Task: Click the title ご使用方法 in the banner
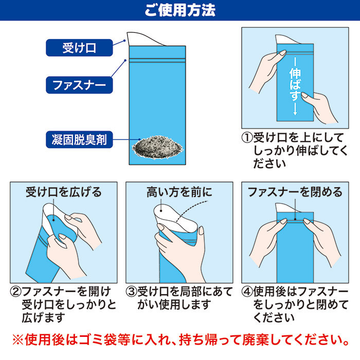pyautogui.click(x=180, y=10)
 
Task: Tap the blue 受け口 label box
pyautogui.click(x=79, y=48)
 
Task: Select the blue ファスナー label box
pyautogui.click(x=79, y=85)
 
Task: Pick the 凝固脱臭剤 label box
pyautogui.click(x=79, y=139)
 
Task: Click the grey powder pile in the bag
pyautogui.click(x=158, y=148)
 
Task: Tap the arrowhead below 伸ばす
pyautogui.click(x=295, y=113)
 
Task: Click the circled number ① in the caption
pyautogui.click(x=247, y=137)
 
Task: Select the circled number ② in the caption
pyautogui.click(x=15, y=292)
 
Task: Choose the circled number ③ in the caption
pyautogui.click(x=131, y=292)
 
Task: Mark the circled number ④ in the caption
pyautogui.click(x=247, y=292)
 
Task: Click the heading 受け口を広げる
pyautogui.click(x=64, y=192)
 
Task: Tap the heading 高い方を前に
pyautogui.click(x=179, y=192)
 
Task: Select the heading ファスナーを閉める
pyautogui.click(x=295, y=192)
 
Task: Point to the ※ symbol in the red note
pyautogui.click(x=18, y=340)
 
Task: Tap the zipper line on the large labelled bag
pyautogui.click(x=157, y=60)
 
